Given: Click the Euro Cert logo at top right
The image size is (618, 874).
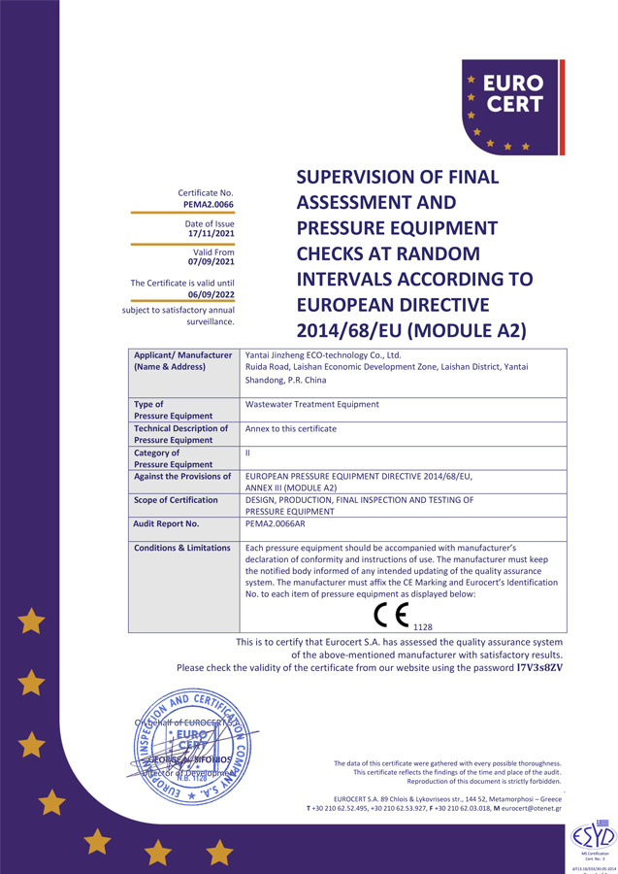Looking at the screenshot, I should pyautogui.click(x=511, y=107).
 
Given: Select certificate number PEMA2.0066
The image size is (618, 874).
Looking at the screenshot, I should pyautogui.click(x=209, y=205).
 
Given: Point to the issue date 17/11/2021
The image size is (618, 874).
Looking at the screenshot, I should pyautogui.click(x=211, y=234).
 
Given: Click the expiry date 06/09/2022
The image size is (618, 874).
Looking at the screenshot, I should pyautogui.click(x=211, y=292).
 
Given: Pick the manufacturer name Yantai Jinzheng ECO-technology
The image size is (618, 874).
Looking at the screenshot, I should pyautogui.click(x=323, y=355).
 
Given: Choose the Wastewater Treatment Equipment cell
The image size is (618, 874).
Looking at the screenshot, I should pyautogui.click(x=312, y=404).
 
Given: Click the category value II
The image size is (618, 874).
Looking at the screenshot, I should pyautogui.click(x=248, y=453).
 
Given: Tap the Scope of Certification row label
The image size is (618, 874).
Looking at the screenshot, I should pyautogui.click(x=176, y=500).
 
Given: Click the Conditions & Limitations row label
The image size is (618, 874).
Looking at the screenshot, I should pyautogui.click(x=182, y=548).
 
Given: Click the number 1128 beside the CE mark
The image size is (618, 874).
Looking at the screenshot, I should pyautogui.click(x=422, y=627).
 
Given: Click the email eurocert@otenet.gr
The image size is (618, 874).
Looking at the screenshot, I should pyautogui.click(x=532, y=808).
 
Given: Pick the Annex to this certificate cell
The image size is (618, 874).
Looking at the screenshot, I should pyautogui.click(x=292, y=428).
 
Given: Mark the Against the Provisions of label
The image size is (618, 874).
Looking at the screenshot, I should pyautogui.click(x=182, y=476).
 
